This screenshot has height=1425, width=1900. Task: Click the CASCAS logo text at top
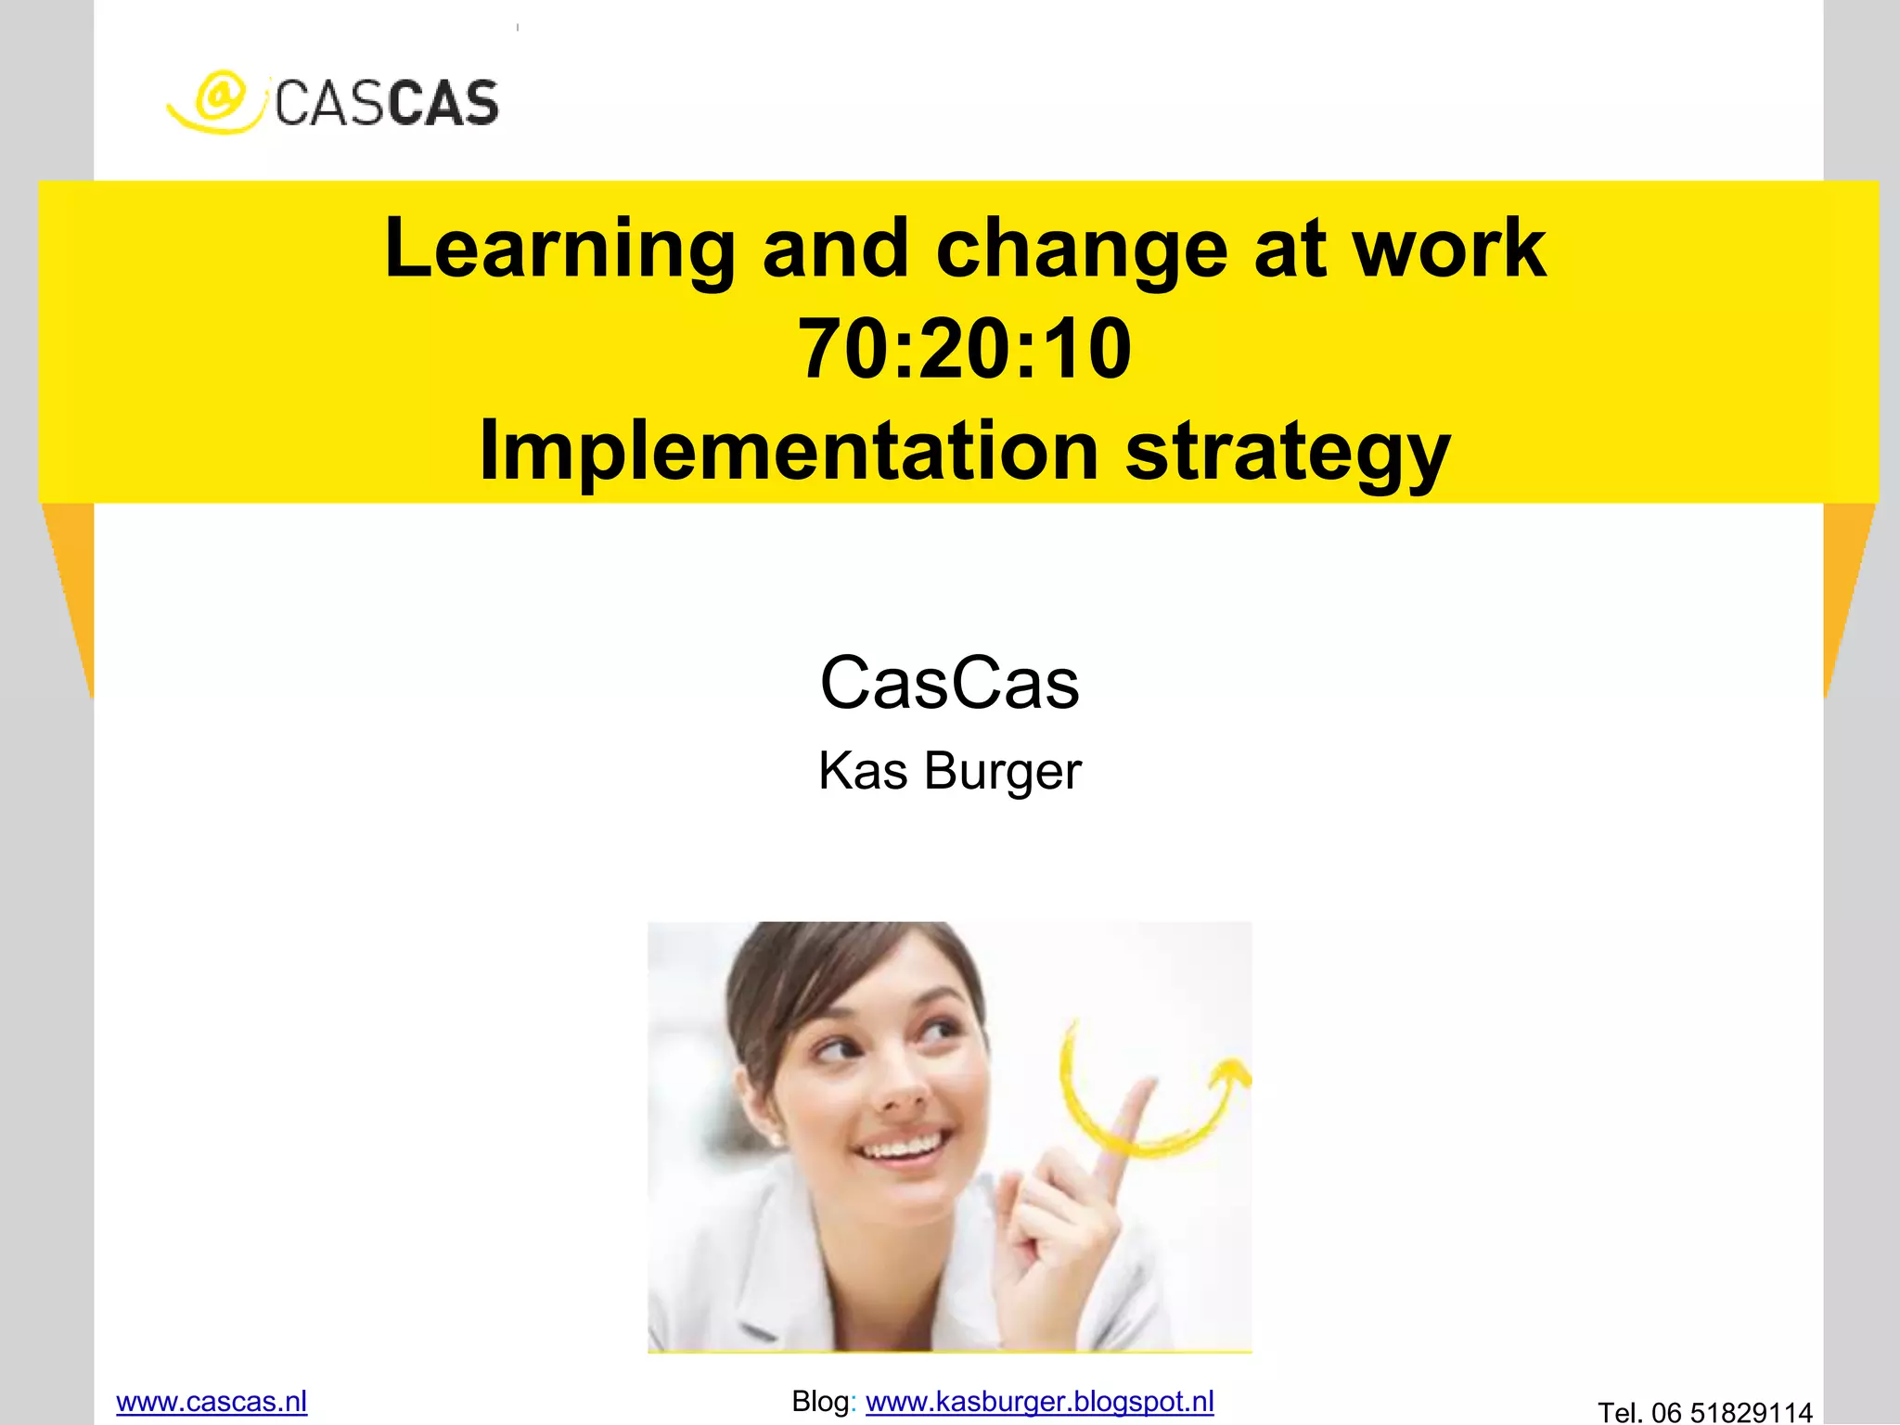pyautogui.click(x=386, y=103)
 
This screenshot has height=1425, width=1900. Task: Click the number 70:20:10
pyautogui.click(x=965, y=349)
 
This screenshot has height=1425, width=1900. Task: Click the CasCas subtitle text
pyautogui.click(x=950, y=683)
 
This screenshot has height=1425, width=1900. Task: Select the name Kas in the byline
pyautogui.click(x=862, y=771)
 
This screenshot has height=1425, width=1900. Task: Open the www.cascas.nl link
pyautogui.click(x=212, y=1401)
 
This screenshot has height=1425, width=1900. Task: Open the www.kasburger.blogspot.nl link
pyautogui.click(x=1039, y=1401)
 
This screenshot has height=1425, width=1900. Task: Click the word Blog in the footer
pyautogui.click(x=820, y=1401)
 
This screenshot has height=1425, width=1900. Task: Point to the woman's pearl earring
pyautogui.click(x=775, y=1137)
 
